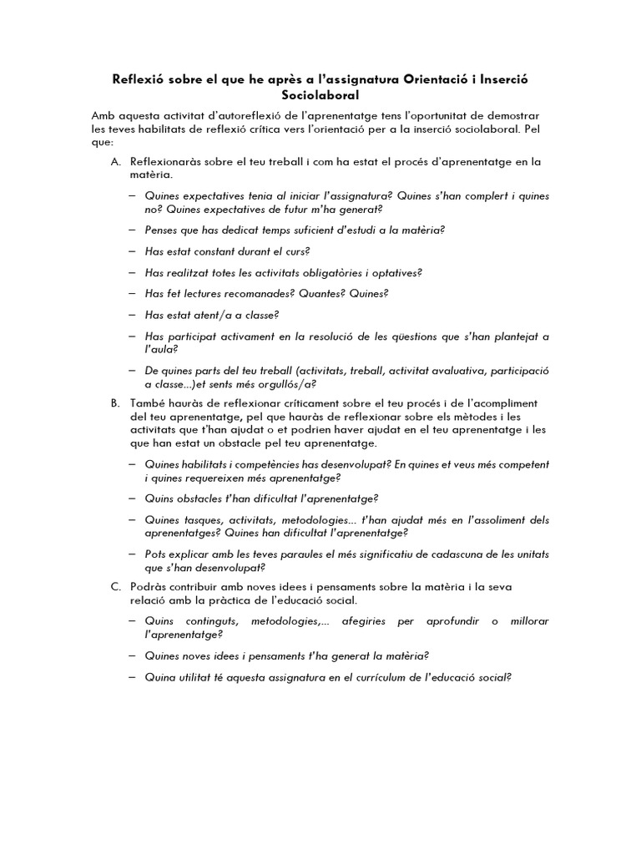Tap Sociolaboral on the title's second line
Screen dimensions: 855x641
coord(320,95)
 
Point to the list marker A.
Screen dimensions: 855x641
coord(116,160)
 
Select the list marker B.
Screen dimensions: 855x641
coord(116,402)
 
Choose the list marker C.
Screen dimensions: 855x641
coord(116,587)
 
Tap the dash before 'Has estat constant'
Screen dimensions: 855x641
coord(134,251)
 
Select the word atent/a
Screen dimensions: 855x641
coord(216,315)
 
